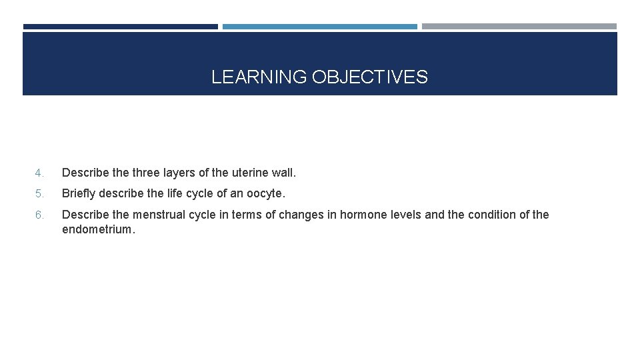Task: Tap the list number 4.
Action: (39, 173)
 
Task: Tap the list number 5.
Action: (39, 194)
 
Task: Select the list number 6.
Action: (39, 215)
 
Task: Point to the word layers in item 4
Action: (180, 173)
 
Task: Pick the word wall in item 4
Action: (283, 173)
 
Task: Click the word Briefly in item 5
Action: (79, 194)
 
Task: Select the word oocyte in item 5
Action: (265, 194)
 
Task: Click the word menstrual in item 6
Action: (159, 215)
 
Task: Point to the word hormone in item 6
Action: (362, 215)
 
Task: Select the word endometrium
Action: (97, 230)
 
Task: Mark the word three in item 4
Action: (146, 173)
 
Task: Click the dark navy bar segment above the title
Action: (120, 27)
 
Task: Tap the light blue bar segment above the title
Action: (319, 27)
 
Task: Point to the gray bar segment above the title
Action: (519, 27)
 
